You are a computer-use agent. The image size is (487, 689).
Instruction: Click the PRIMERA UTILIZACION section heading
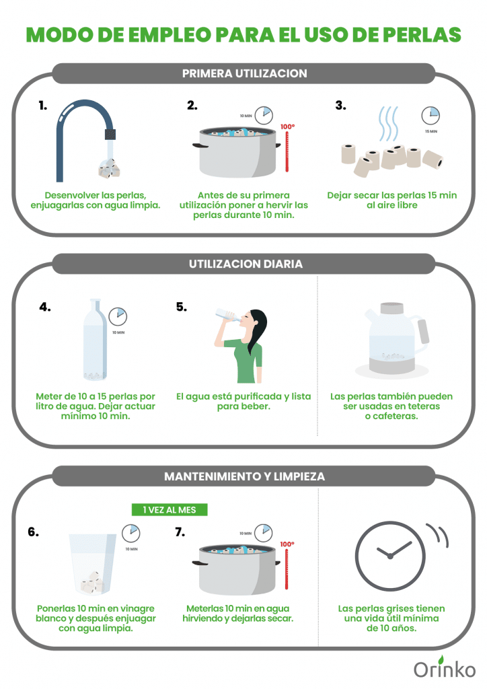244,73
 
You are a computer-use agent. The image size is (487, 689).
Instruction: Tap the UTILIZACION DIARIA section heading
246,264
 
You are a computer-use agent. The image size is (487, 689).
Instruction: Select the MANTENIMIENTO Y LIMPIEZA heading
244,476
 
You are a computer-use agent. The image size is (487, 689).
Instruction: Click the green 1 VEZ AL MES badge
170,510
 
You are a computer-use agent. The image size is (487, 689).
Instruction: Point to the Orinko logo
445,667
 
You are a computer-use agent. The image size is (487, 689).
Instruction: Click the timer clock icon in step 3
430,115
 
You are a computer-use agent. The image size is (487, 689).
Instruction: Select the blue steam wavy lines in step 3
388,123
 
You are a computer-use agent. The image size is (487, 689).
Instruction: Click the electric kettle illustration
391,339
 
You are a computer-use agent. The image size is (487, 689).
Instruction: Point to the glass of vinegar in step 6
92,565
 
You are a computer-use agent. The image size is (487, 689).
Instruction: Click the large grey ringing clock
390,556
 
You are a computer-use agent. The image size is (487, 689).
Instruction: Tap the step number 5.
182,307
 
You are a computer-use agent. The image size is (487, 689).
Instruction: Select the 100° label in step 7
287,544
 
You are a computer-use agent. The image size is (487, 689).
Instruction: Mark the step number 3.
341,106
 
